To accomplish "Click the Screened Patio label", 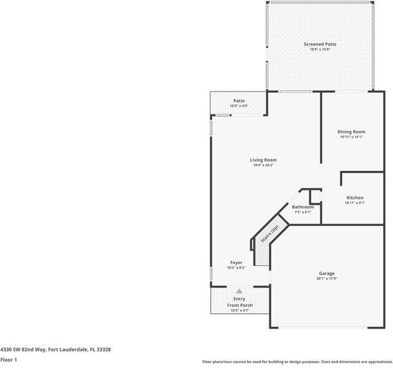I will coord(320,44).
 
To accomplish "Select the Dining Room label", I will coord(351,131).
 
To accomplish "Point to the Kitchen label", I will coord(355,197).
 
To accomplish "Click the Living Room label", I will coord(263,160).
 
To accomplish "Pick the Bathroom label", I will coord(303,207).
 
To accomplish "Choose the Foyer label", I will coord(236,262).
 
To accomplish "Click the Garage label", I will coord(327,273).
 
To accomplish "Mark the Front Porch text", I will coord(240,305).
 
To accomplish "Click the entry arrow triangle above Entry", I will coord(239,291).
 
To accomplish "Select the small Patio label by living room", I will coord(239,101).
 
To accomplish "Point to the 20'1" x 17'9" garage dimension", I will coord(327,278).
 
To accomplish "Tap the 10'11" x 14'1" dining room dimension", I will coord(351,137).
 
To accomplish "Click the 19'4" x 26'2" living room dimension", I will coord(263,165).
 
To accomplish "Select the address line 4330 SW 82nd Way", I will coord(55,349).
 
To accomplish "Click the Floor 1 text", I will coord(9,359).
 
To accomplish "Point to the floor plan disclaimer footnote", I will coord(296,361).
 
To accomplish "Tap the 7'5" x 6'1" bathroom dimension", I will coord(303,213).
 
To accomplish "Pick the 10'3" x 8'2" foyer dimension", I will coord(236,268).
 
